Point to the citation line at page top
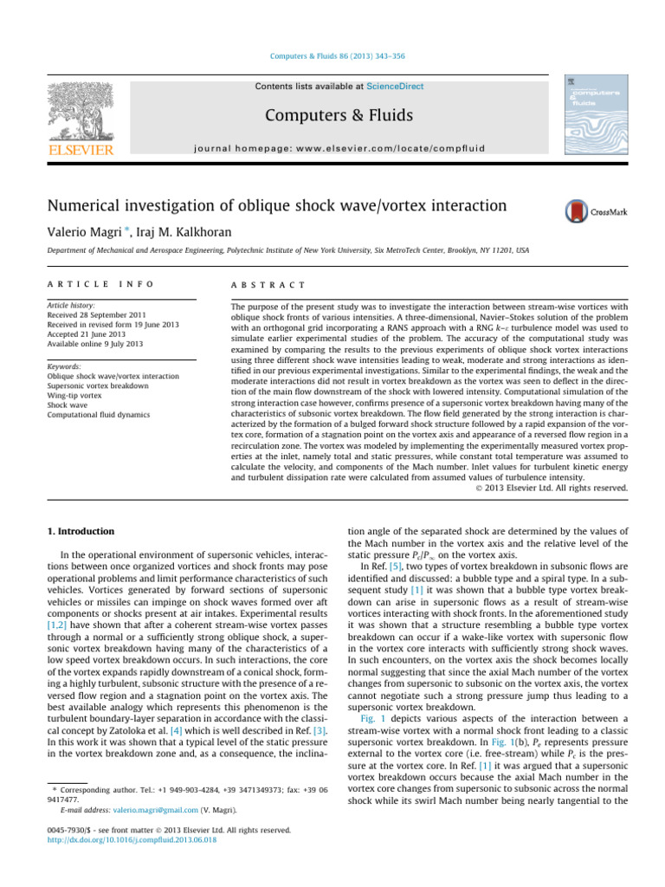(x=332, y=56)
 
